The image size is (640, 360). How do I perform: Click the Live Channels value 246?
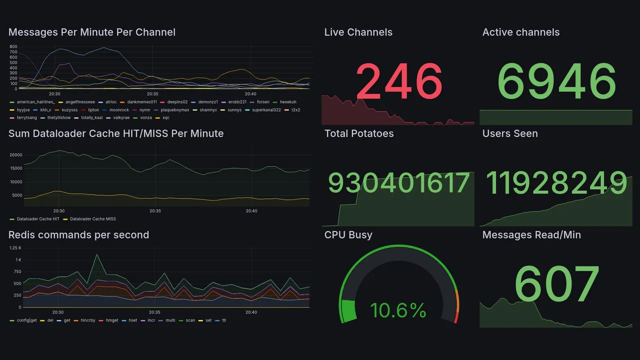tap(399, 81)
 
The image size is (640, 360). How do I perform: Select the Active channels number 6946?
tap(556, 81)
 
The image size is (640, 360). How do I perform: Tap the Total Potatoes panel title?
tap(358, 133)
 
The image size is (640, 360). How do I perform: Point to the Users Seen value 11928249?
tap(556, 183)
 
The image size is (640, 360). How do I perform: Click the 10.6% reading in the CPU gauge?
tap(398, 310)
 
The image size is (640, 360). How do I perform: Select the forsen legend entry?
tap(262, 102)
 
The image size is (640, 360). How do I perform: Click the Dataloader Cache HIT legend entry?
tap(38, 219)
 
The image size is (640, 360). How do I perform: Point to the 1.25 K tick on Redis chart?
tap(15, 248)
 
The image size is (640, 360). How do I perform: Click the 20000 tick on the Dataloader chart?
tap(16, 155)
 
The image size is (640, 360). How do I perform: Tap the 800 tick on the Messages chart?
tap(13, 46)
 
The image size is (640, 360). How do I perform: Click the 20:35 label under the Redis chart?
tap(155, 312)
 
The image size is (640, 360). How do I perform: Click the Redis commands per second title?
tap(78, 235)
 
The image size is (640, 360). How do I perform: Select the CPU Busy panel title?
tap(348, 235)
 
